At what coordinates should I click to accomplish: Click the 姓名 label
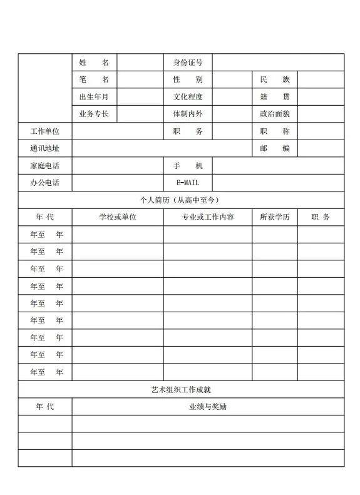94,63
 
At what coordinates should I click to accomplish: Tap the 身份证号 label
188,63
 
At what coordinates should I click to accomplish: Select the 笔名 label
94,79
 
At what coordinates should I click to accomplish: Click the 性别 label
188,79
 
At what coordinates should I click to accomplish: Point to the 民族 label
275,79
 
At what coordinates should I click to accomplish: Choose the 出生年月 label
94,97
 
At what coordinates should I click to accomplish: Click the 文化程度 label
188,97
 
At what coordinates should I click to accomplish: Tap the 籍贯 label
275,97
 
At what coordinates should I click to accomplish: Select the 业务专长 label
94,114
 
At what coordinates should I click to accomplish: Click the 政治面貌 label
275,114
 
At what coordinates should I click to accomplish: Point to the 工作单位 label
44,131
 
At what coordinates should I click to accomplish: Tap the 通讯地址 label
44,148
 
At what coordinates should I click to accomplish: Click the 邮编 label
275,148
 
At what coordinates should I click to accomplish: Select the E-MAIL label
188,183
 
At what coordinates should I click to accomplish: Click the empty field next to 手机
278,166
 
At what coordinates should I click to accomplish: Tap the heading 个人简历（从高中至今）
180,200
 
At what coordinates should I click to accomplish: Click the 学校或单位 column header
118,217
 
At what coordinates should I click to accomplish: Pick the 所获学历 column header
275,217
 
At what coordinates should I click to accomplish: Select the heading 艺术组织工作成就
180,389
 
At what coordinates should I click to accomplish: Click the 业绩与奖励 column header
208,407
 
